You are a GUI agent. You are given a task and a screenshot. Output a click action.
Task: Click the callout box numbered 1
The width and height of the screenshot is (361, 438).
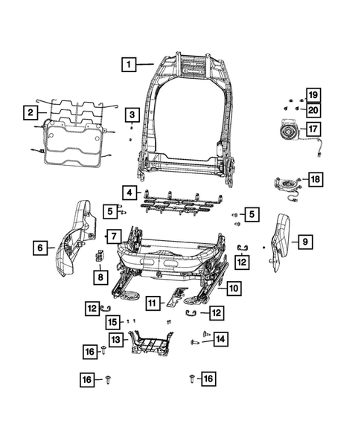point(129,65)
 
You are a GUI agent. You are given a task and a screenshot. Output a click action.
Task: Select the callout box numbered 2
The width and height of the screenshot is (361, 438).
point(30,113)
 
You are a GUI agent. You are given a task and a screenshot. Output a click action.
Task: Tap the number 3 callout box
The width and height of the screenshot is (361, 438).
point(131,115)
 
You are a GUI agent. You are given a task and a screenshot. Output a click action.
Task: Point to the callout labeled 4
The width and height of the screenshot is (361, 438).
point(130,193)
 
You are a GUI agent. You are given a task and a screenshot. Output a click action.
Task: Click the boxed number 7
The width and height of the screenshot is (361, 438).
point(114,236)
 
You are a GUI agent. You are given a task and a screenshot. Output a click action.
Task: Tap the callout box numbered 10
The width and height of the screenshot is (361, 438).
point(233,288)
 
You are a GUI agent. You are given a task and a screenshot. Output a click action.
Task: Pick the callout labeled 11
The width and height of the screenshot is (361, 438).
point(153,303)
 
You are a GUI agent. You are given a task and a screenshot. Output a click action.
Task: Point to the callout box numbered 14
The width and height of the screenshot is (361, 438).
point(220,338)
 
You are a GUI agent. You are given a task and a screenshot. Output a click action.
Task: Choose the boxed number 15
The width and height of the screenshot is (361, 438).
point(112,322)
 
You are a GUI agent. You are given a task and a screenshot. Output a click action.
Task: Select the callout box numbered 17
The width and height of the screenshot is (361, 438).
point(313,128)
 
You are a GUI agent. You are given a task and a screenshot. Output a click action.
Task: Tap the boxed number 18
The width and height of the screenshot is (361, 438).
point(316,179)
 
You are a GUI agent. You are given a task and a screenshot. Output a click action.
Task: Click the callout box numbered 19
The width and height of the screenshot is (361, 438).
point(313,95)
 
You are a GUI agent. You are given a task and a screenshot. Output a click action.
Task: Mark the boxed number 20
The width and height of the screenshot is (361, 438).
point(313,110)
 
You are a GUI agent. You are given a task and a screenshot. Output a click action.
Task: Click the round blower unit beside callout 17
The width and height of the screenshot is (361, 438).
point(287,132)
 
